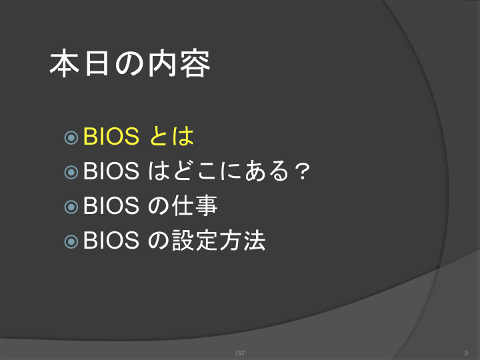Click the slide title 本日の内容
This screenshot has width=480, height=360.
coord(130,63)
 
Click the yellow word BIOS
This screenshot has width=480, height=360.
coord(111,136)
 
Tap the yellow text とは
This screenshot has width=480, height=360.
coord(172,136)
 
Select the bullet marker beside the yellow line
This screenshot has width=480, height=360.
coord(71,137)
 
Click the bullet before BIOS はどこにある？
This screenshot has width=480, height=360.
coord(71,172)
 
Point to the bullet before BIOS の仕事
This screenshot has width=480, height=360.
coord(71,207)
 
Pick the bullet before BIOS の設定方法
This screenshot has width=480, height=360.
coord(71,241)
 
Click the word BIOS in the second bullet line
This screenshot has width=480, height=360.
coord(111,171)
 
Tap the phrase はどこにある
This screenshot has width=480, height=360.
coord(219,171)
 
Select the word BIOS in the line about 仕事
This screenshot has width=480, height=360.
coord(111,205)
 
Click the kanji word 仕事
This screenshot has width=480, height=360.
coord(195,205)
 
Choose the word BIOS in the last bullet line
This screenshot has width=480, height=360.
coord(111,240)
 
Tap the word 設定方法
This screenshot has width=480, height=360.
coord(219,240)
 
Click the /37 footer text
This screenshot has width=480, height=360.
coord(240,353)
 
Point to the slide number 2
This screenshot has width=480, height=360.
coord(466,353)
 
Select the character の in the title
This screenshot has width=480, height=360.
coord(129,64)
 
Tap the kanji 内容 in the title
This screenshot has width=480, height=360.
coord(179,63)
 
